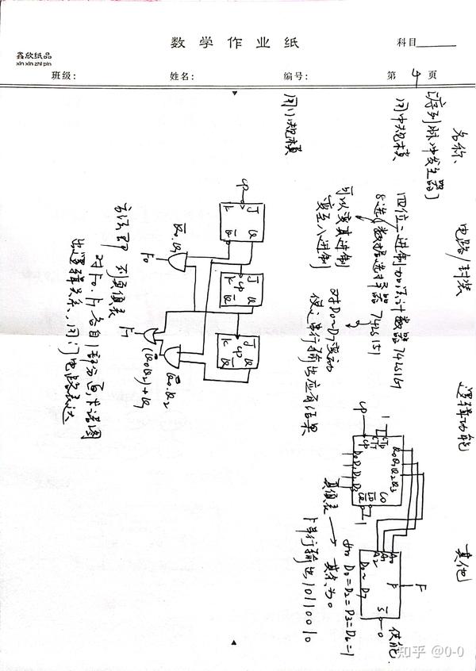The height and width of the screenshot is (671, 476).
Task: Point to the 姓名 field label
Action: (x=181, y=76)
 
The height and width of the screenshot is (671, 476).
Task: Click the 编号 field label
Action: (x=294, y=76)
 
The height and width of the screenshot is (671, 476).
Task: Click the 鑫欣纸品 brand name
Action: (x=33, y=56)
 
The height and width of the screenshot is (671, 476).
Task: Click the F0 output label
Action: (x=150, y=256)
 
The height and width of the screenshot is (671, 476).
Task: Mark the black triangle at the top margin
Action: (x=236, y=94)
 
